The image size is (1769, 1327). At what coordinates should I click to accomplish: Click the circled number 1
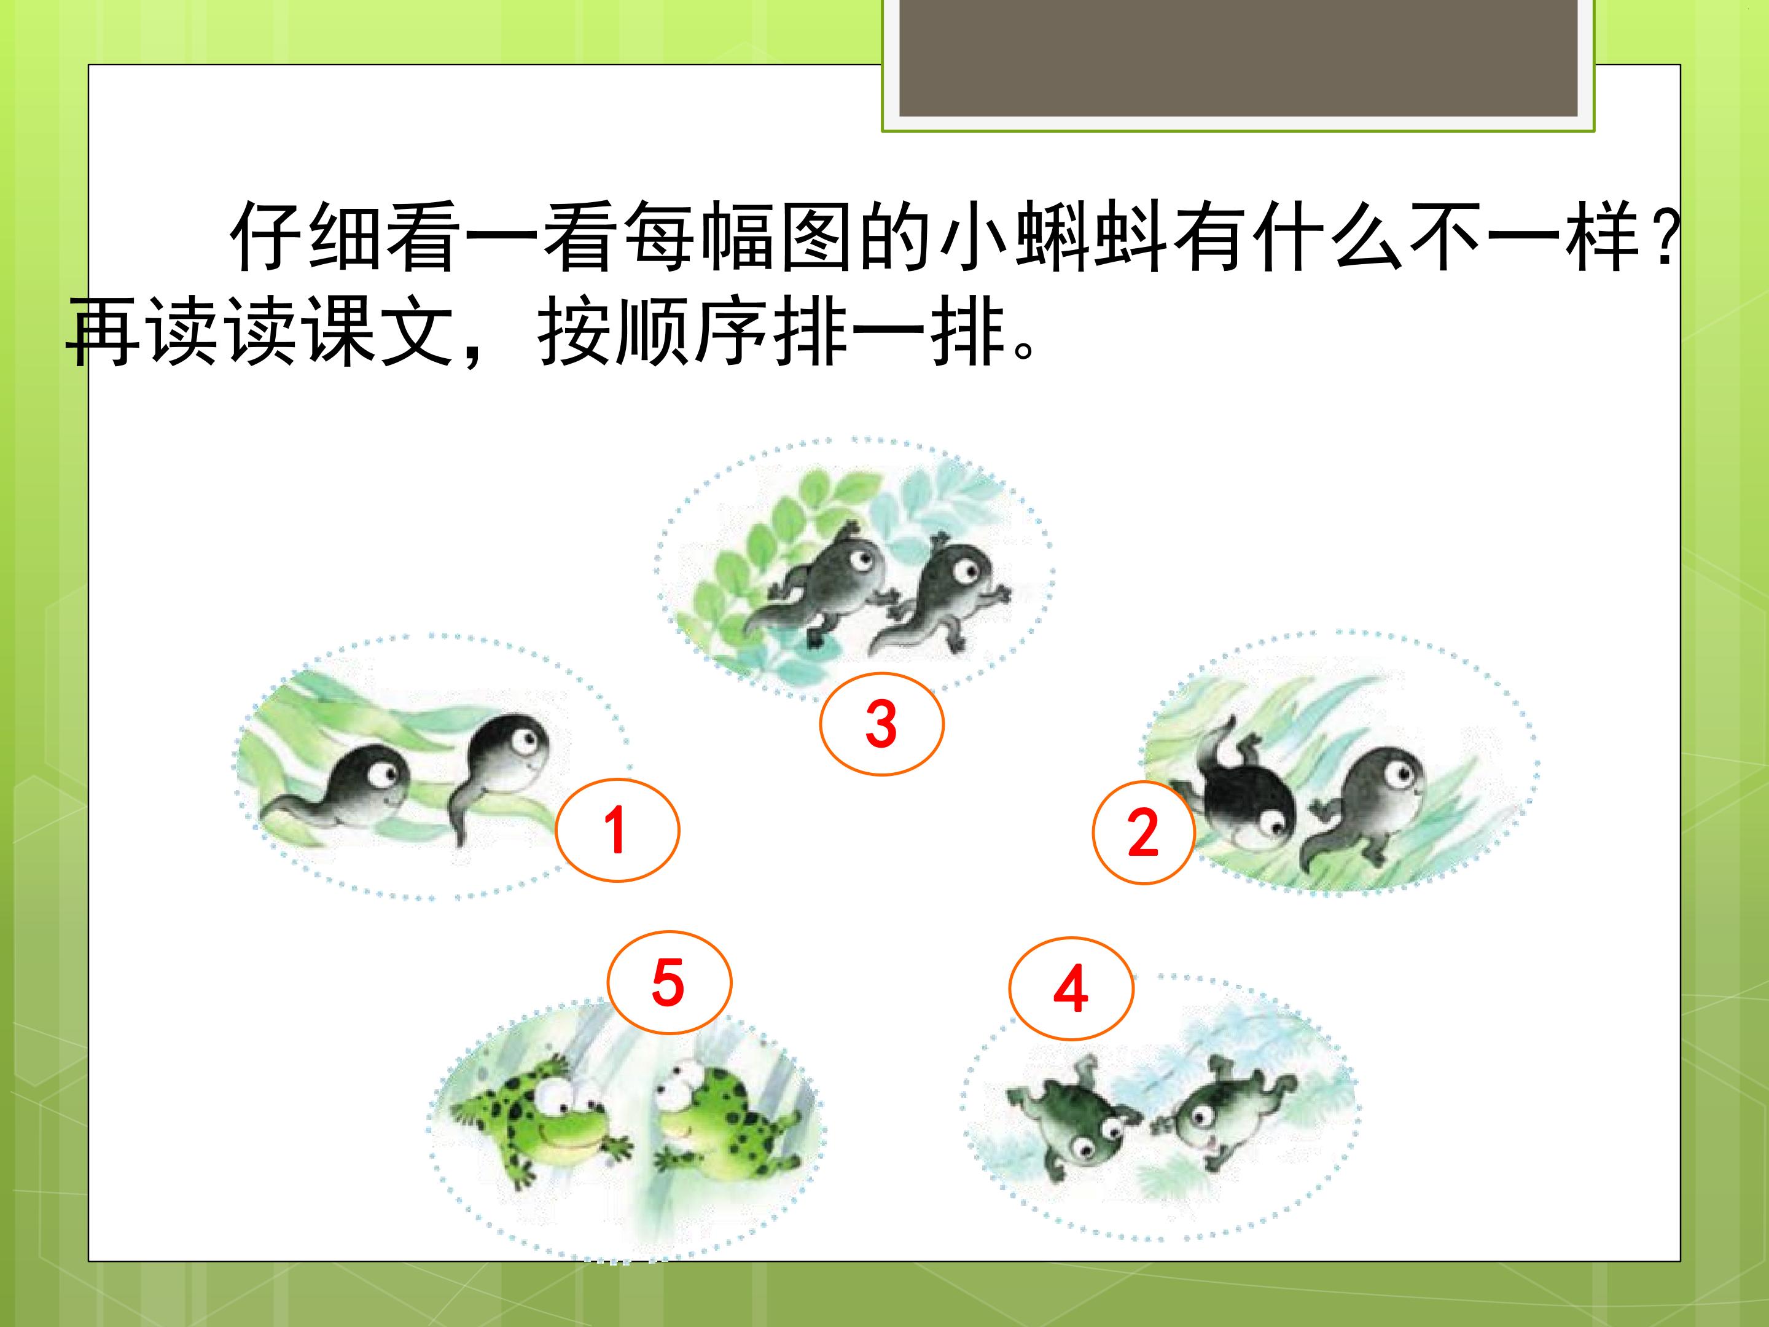pyautogui.click(x=617, y=829)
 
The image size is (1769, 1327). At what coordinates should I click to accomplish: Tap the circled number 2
pyautogui.click(x=1144, y=832)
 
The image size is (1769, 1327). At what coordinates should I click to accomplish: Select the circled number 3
pyautogui.click(x=881, y=724)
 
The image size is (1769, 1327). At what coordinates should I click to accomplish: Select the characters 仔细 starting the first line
pyautogui.click(x=308, y=238)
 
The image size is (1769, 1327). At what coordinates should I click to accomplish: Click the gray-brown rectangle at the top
pyautogui.click(x=1238, y=58)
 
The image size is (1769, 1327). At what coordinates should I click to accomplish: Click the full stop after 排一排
pyautogui.click(x=1025, y=350)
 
